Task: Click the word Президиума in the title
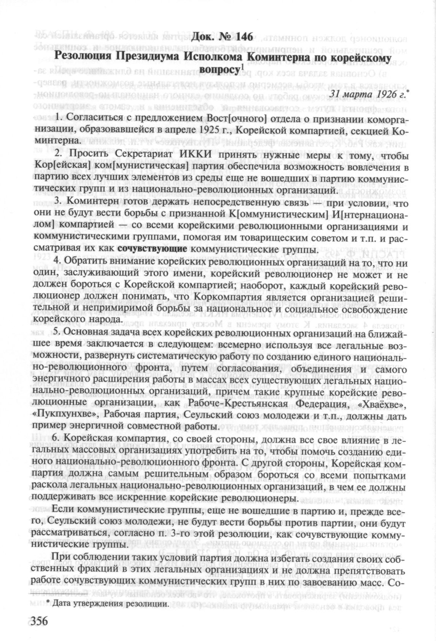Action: pos(148,56)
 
